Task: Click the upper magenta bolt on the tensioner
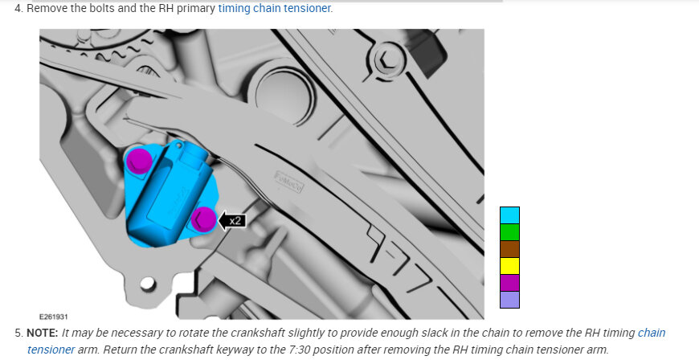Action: click(139, 160)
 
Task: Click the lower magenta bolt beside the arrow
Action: click(203, 219)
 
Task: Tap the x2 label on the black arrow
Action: click(235, 220)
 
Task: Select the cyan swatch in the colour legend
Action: click(509, 215)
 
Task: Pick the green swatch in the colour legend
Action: click(509, 232)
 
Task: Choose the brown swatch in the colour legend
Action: click(509, 249)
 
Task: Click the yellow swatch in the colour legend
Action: click(509, 266)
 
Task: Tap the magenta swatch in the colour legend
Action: click(509, 283)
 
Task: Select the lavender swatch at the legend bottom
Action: click(509, 300)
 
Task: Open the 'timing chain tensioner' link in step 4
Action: click(274, 8)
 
